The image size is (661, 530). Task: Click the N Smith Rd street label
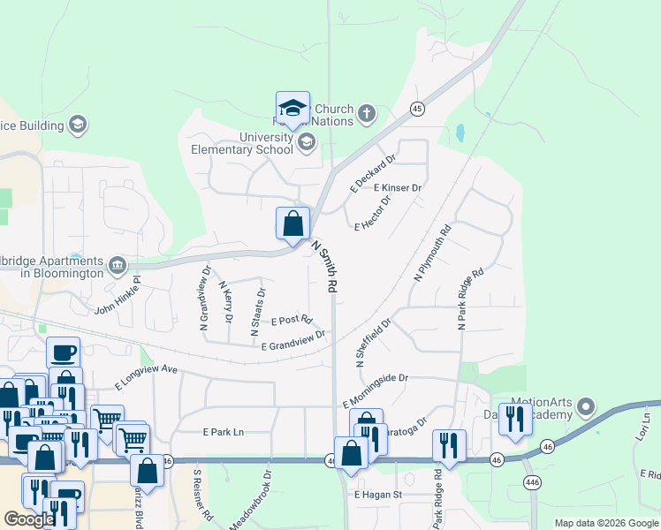pyautogui.click(x=324, y=268)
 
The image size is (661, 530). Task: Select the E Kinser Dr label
pyautogui.click(x=398, y=188)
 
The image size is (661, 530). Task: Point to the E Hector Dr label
pyautogui.click(x=372, y=215)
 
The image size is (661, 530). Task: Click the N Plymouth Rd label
pyautogui.click(x=433, y=254)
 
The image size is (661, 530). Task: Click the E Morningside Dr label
pyautogui.click(x=376, y=390)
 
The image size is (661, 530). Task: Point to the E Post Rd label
pyautogui.click(x=293, y=320)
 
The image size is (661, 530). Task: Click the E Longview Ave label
pyautogui.click(x=146, y=379)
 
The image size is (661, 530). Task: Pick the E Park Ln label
pyautogui.click(x=223, y=433)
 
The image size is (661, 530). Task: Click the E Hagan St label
pyautogui.click(x=378, y=496)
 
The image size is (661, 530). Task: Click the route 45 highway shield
pyautogui.click(x=416, y=109)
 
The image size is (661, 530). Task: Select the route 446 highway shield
pyautogui.click(x=532, y=481)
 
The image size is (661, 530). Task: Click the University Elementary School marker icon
pyautogui.click(x=307, y=142)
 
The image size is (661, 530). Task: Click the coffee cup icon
pyautogui.click(x=64, y=353)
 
